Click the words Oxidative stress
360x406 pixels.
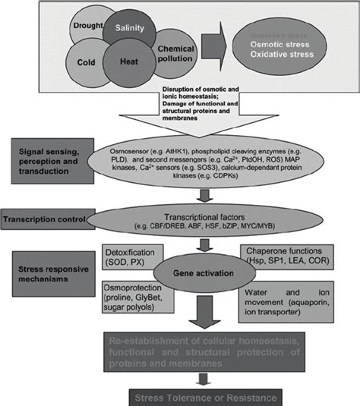[x=283, y=59]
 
